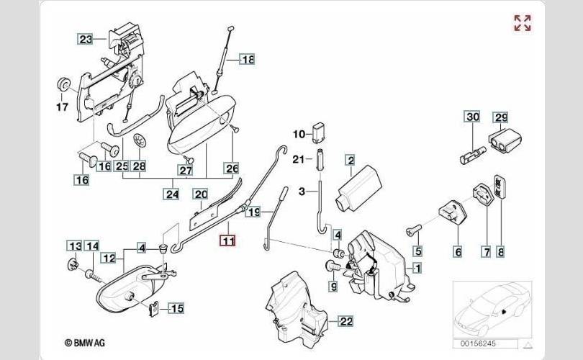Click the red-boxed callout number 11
click(227, 241)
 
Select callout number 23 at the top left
click(86, 40)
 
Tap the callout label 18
click(247, 60)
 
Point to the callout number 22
click(345, 321)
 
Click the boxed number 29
click(500, 117)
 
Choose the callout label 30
click(472, 117)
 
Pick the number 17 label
click(62, 108)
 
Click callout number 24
click(171, 193)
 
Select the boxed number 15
click(176, 309)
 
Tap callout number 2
click(350, 161)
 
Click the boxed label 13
click(74, 246)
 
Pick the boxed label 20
click(200, 194)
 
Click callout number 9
click(333, 287)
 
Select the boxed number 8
click(501, 251)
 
